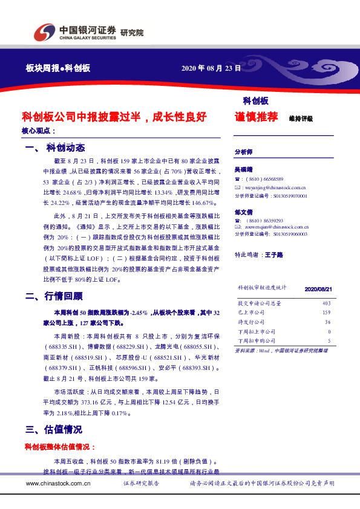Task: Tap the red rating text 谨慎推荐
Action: (256, 117)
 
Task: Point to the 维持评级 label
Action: (301, 118)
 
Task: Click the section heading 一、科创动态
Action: (54, 148)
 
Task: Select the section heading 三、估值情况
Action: (54, 430)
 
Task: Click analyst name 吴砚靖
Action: (244, 170)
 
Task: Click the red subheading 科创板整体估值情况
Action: (59, 447)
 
